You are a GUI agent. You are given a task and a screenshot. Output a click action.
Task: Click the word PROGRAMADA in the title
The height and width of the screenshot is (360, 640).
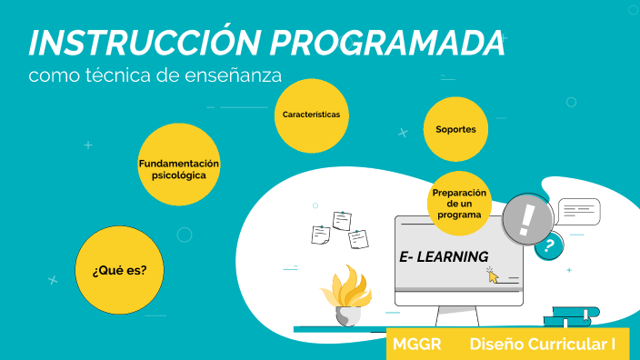tap(387, 43)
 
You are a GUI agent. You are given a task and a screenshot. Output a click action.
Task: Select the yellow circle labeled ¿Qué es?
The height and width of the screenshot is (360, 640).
tap(119, 271)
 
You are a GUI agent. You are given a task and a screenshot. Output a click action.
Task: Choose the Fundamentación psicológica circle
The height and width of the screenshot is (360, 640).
tap(178, 168)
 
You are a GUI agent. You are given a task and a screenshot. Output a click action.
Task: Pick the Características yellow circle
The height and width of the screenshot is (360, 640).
tap(311, 115)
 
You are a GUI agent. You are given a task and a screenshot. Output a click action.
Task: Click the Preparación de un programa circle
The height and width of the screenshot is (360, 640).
tap(459, 204)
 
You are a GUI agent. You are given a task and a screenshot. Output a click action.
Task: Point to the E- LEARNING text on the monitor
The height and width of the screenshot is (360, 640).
tap(444, 257)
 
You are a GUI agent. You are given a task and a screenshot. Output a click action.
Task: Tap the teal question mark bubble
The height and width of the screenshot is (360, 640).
tap(548, 245)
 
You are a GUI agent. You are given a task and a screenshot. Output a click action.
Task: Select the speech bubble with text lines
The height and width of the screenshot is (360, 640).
tap(578, 212)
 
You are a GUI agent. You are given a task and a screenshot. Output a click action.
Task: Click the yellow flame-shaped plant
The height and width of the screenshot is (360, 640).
tap(345, 289)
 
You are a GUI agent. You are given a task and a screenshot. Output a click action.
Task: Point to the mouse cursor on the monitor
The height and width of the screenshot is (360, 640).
tap(494, 275)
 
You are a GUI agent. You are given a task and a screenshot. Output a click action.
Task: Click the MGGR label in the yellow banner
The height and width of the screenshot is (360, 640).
tap(417, 345)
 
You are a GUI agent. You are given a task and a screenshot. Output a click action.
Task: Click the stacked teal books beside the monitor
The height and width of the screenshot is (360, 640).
tap(571, 316)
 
